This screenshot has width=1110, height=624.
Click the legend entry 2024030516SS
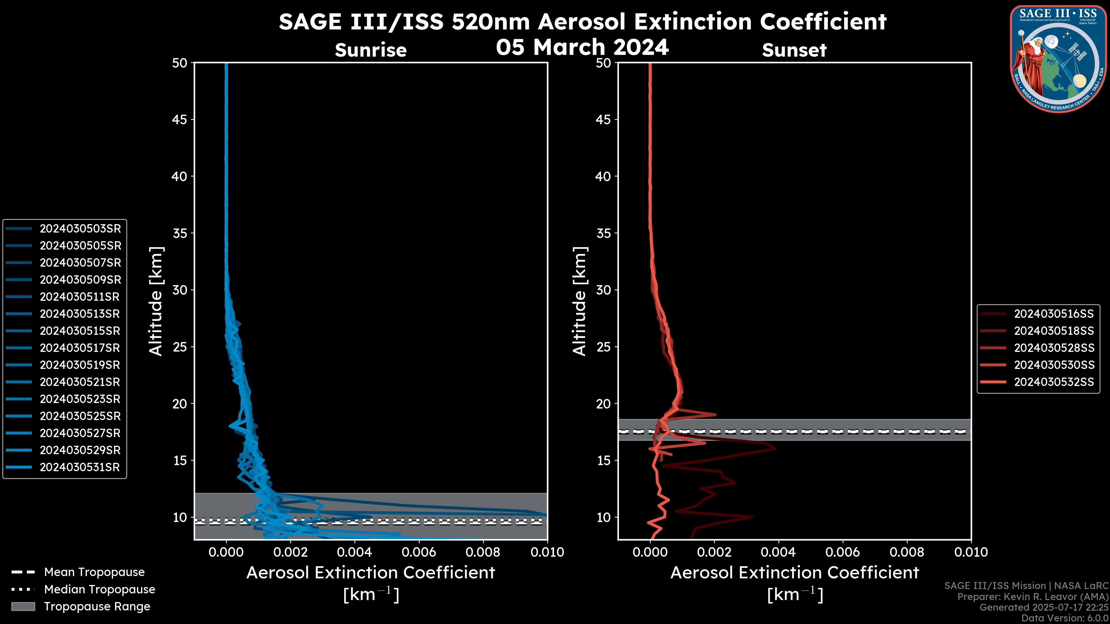(x=1054, y=314)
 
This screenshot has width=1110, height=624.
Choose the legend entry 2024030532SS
(x=1054, y=382)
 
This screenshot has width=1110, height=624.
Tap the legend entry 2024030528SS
(x=1054, y=348)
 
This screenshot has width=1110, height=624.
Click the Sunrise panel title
(x=371, y=50)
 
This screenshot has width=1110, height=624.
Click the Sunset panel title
(x=794, y=50)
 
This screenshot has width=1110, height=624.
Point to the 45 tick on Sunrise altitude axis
(x=180, y=119)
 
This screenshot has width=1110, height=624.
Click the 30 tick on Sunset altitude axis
(x=604, y=290)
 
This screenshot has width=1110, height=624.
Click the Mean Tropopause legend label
(x=94, y=572)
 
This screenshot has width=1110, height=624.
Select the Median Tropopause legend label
(x=99, y=590)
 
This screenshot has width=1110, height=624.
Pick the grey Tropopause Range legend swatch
(x=23, y=607)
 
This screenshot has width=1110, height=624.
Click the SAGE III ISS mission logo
(x=1058, y=59)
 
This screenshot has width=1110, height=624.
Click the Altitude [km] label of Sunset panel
(x=580, y=301)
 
